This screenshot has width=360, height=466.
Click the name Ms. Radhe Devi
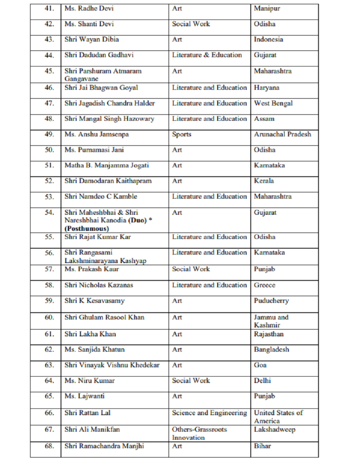(x=89, y=8)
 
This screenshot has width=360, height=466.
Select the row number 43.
(x=49, y=39)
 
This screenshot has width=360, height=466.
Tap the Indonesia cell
(x=269, y=39)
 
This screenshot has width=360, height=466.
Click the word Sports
(x=182, y=134)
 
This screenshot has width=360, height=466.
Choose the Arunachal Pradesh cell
(x=282, y=134)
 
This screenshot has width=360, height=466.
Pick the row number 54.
(x=49, y=213)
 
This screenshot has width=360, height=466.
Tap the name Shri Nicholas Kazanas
(x=99, y=285)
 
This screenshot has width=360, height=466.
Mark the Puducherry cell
(x=271, y=301)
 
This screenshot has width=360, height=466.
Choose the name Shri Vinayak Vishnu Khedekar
(x=112, y=365)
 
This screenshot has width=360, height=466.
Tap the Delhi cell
(x=263, y=380)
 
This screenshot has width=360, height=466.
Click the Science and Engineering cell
(x=209, y=413)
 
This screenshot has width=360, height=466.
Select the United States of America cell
(x=278, y=417)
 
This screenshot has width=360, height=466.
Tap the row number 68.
(x=49, y=446)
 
